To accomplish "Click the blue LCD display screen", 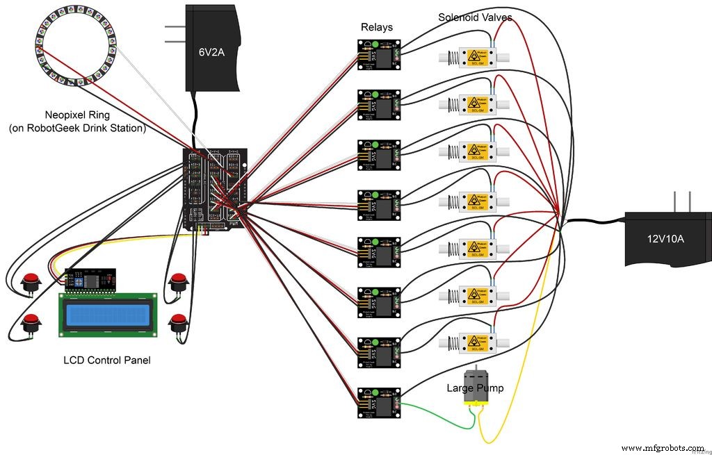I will coord(107,315).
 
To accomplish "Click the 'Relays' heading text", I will coord(377,28).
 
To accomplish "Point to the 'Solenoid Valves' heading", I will coord(475,17).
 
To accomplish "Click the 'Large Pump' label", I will coord(475,388).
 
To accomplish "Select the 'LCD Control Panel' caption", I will coord(107,360).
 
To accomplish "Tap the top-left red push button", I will coord(30,282).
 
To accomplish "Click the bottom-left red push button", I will coord(30,322).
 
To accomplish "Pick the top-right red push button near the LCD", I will coord(179,282).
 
